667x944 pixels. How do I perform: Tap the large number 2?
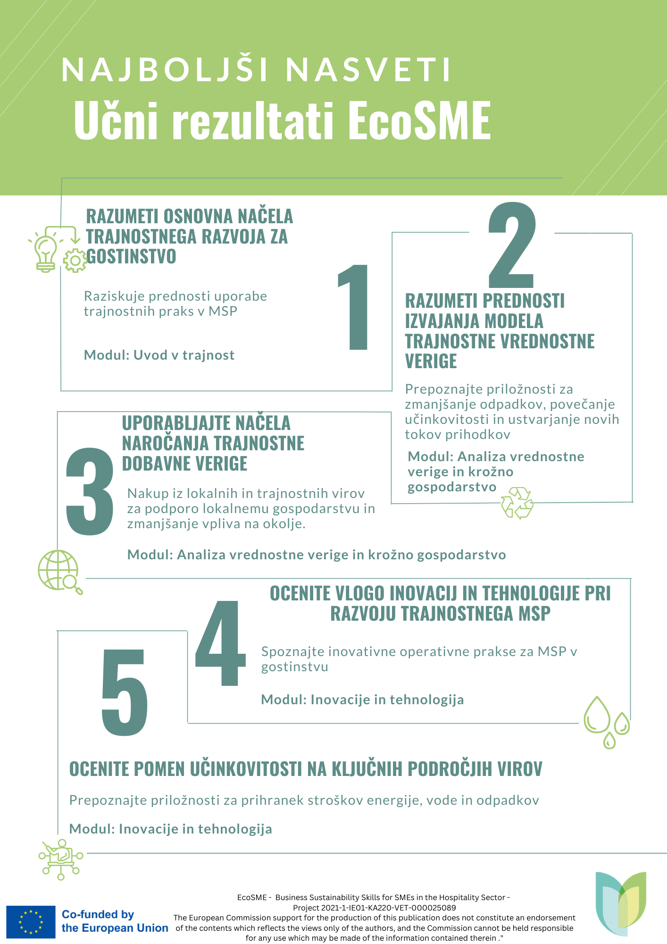[x=512, y=245]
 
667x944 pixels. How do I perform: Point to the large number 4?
[x=220, y=643]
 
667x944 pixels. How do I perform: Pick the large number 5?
[x=125, y=692]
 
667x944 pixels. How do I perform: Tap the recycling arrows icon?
[x=517, y=503]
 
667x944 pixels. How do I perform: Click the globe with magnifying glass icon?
[x=59, y=571]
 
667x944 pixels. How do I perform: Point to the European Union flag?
[x=31, y=922]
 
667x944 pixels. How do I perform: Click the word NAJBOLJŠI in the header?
[x=165, y=70]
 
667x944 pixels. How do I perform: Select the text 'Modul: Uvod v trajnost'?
[x=159, y=355]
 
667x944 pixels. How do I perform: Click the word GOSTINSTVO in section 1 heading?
[x=131, y=256]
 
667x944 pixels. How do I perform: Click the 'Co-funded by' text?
[x=98, y=914]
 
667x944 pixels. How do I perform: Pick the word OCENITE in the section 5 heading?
[x=99, y=769]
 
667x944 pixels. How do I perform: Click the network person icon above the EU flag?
[x=61, y=859]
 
